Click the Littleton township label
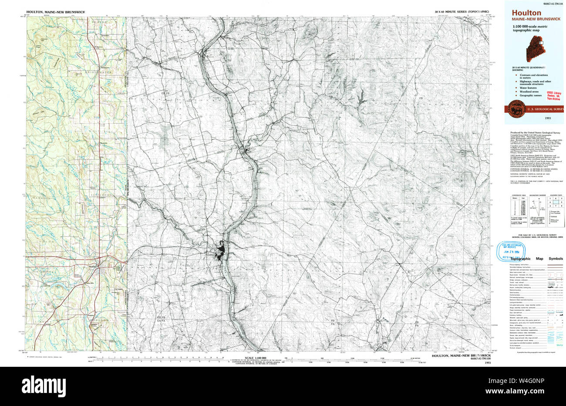coord(101,195)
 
